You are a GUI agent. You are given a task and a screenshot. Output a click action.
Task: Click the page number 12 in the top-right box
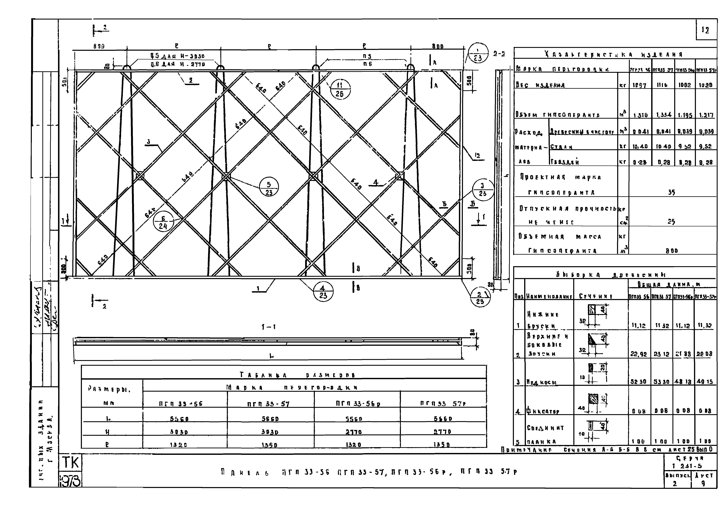pos(705,30)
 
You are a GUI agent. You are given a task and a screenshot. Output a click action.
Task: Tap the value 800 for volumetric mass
pos(671,251)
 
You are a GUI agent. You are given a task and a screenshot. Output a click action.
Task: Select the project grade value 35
pos(671,192)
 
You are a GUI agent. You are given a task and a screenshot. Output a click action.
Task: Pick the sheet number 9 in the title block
pos(703,484)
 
